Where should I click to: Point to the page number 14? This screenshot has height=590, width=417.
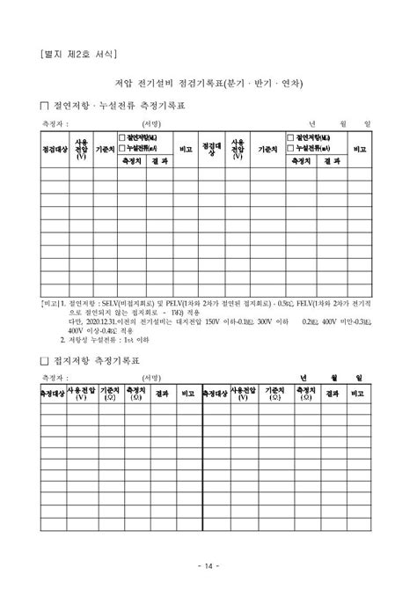point(208,565)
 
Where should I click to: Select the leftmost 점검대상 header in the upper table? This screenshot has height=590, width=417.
point(55,150)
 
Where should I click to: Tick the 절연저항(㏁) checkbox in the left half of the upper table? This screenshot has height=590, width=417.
point(122,138)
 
